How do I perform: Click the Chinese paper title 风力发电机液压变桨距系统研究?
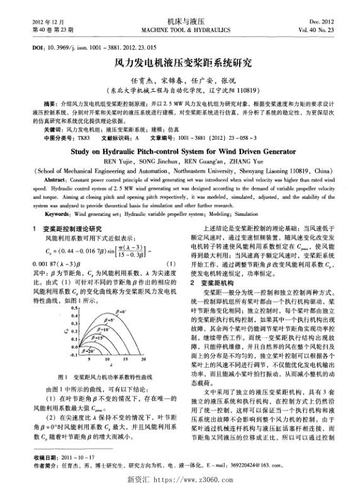pyautogui.click(x=179, y=64)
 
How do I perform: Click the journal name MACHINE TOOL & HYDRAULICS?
pyautogui.click(x=179, y=30)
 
